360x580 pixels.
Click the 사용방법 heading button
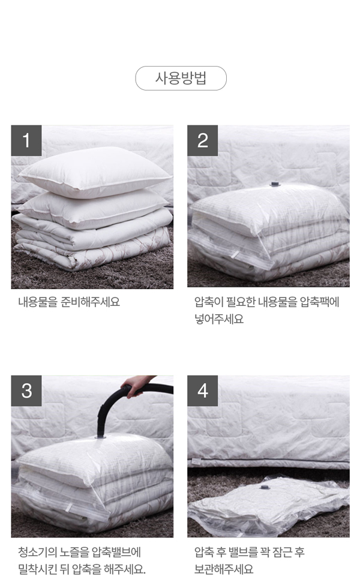(x=181, y=78)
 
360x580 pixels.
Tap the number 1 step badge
(x=26, y=140)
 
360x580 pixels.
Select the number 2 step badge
(x=202, y=140)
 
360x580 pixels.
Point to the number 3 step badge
(x=26, y=390)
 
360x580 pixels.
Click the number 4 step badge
(x=202, y=390)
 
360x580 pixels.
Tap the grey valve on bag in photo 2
(x=275, y=184)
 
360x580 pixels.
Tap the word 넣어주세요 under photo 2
(x=219, y=318)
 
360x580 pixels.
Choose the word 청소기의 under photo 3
(x=38, y=552)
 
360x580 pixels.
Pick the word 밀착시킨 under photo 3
(x=38, y=569)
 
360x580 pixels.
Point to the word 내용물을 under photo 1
(x=38, y=302)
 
